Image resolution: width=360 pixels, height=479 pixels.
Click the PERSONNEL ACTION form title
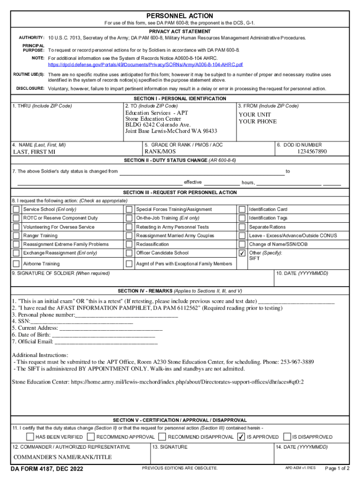180,16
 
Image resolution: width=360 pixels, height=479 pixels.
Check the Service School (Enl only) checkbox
16,210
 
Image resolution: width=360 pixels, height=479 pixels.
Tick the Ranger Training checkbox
16,236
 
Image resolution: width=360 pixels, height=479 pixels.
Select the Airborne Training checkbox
16,264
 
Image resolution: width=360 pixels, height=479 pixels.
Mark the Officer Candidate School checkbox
129,253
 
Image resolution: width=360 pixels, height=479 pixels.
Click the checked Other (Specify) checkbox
242,253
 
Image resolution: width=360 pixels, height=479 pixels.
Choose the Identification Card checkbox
242,210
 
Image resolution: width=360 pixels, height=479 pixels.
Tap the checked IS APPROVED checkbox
241,437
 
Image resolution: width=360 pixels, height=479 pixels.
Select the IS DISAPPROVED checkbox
287,437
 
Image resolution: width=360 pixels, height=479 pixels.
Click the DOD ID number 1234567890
312,152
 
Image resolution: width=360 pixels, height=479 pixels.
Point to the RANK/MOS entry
160,152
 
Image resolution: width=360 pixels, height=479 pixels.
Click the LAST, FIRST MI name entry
34,152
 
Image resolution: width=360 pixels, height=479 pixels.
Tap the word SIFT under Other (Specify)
254,259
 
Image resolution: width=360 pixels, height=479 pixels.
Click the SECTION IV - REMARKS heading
180,290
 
